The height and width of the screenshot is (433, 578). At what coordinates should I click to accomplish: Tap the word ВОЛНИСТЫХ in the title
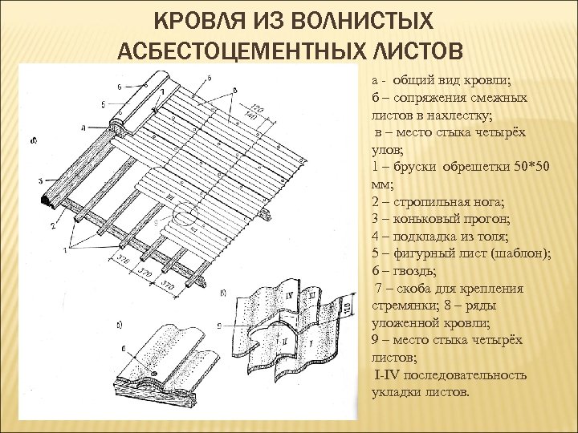click(x=355, y=19)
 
